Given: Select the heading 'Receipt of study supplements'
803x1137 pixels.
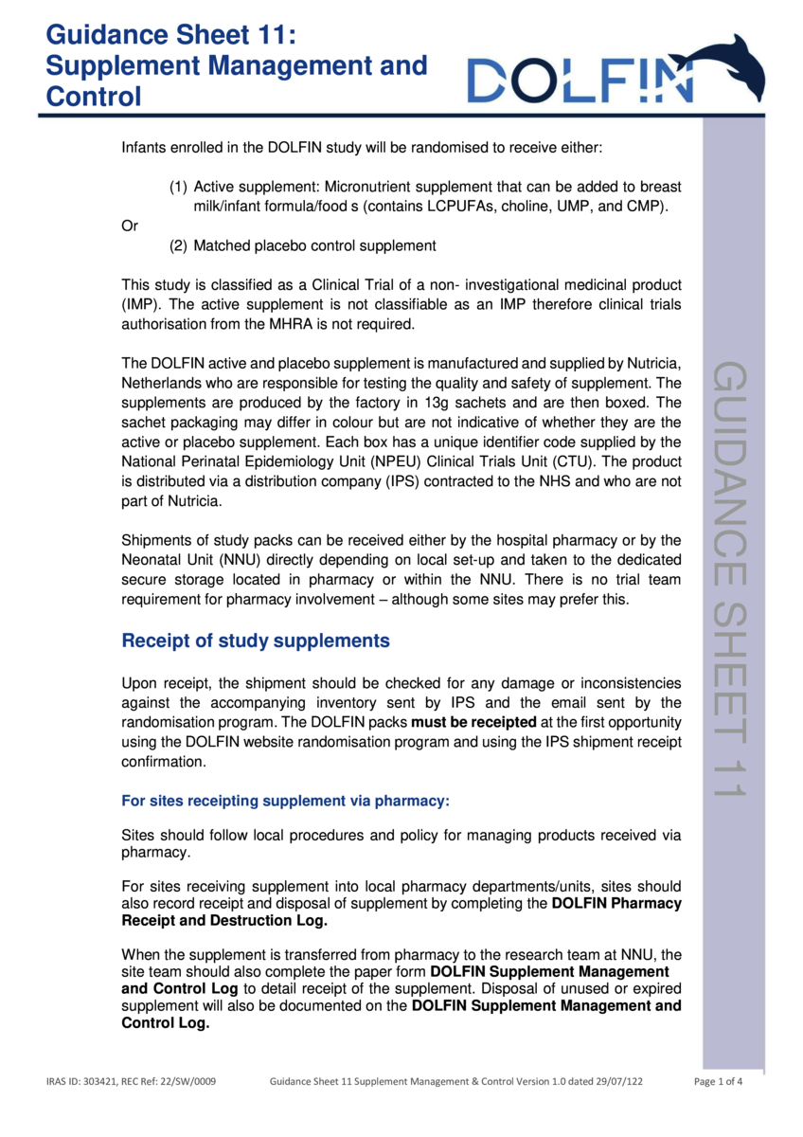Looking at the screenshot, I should click(x=256, y=641).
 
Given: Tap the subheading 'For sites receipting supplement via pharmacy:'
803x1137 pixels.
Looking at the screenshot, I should click(x=285, y=801).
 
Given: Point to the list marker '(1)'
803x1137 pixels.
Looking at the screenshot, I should click(x=178, y=187).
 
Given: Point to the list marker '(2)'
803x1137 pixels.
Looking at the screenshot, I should click(x=178, y=245).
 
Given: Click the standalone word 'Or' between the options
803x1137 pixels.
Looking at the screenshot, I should click(x=130, y=226).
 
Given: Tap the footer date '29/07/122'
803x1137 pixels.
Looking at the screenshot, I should click(x=620, y=1082).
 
